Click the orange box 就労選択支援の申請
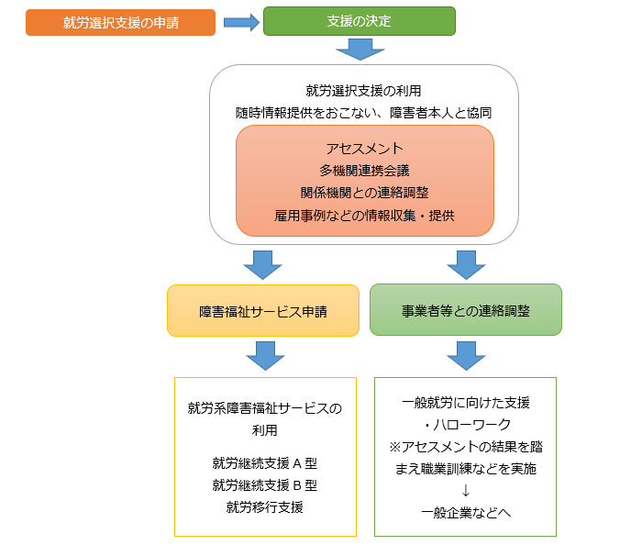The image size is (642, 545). [x=121, y=22]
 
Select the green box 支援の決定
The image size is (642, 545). [x=359, y=21]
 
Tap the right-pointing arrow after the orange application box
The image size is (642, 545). [x=241, y=22]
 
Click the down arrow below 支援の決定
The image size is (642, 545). [x=359, y=49]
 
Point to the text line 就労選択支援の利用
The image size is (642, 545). [x=364, y=91]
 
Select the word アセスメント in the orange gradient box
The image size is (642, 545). [x=364, y=148]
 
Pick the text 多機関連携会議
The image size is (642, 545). [x=364, y=170]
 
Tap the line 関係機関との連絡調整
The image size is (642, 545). [x=364, y=193]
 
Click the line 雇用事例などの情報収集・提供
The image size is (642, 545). [x=364, y=216]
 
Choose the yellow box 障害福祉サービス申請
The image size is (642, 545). [x=264, y=310]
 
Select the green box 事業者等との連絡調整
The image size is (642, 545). [x=465, y=310]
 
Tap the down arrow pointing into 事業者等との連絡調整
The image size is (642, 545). [x=466, y=263]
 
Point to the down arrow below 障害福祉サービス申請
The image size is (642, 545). [x=265, y=355]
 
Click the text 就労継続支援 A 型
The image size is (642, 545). [x=264, y=462]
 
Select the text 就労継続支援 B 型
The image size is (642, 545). [x=264, y=484]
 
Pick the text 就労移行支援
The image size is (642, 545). [x=264, y=506]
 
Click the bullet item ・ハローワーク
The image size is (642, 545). [x=465, y=424]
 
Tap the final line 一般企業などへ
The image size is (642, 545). [x=465, y=512]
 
